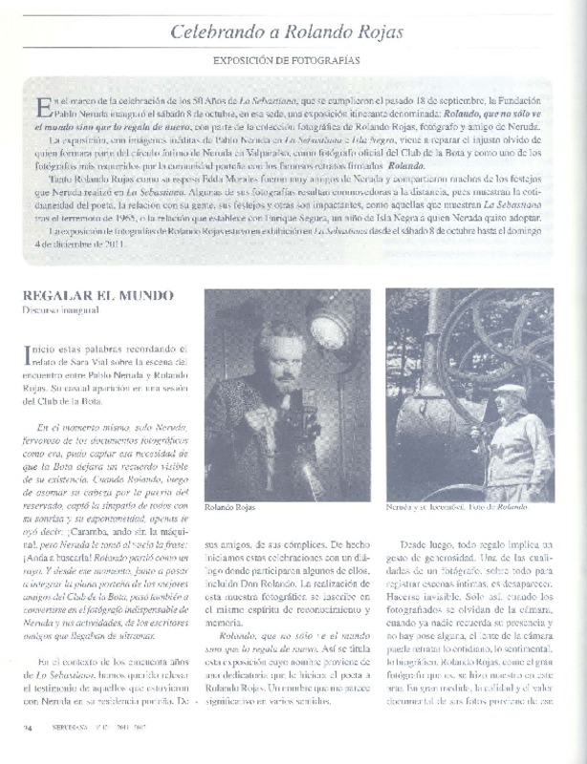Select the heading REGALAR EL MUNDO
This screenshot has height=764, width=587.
(80, 296)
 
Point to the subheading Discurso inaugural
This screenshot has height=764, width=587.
(62, 311)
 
